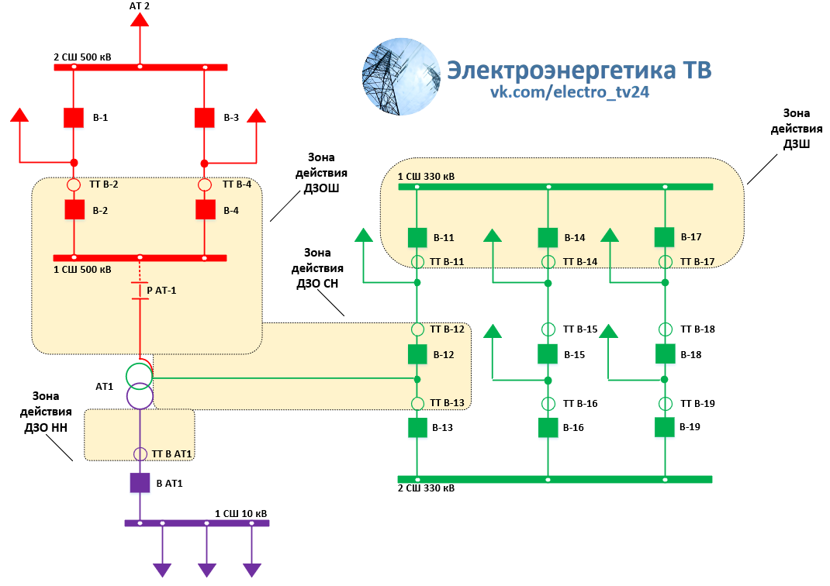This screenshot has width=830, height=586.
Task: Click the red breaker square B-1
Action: click(x=74, y=118)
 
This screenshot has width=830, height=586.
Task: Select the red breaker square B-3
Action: click(x=204, y=118)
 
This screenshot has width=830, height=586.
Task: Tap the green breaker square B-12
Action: click(x=417, y=354)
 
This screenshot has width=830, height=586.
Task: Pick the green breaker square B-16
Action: click(x=548, y=427)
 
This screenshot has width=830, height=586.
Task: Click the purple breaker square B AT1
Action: click(x=140, y=483)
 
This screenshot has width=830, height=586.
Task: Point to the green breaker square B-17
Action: click(x=665, y=236)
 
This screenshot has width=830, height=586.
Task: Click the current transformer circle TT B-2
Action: click(x=74, y=185)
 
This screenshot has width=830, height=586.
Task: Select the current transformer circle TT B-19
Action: click(x=665, y=404)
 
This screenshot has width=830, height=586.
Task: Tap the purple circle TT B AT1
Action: click(x=140, y=453)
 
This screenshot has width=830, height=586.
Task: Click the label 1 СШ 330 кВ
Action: click(x=426, y=177)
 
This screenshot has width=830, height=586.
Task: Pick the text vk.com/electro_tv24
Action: click(x=569, y=92)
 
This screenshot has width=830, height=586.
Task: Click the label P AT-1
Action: click(x=161, y=290)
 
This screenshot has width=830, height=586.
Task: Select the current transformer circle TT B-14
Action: click(x=548, y=261)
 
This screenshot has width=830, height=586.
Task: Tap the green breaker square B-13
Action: click(x=417, y=427)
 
